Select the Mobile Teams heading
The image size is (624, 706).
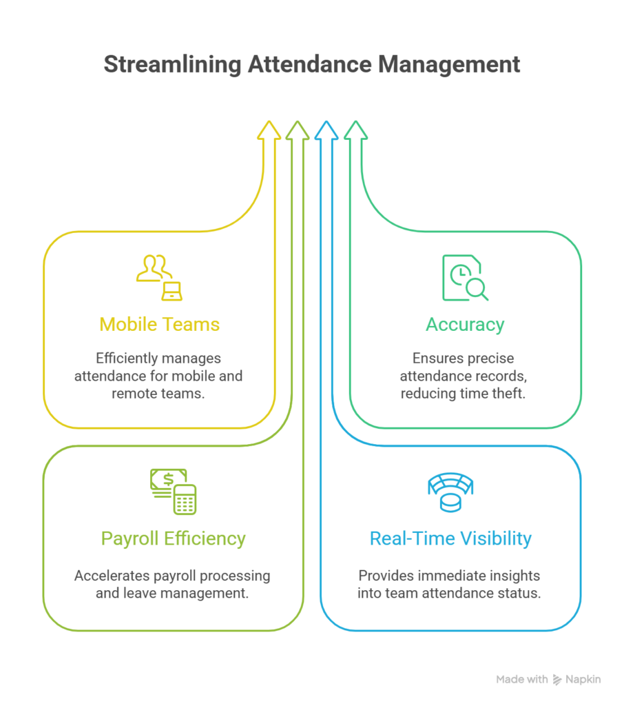160,324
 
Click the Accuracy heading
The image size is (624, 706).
465,324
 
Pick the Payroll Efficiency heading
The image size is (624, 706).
174,538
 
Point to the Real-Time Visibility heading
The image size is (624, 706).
450,538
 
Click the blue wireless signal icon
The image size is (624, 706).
450,491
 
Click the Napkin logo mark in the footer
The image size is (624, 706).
557,680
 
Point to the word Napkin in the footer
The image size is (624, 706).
584,680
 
